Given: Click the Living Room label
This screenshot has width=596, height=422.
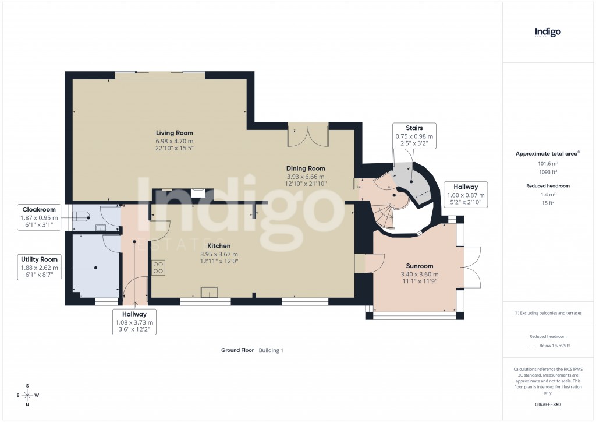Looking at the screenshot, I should tap(174, 133).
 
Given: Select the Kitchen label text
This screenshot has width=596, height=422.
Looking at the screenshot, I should tap(219, 246).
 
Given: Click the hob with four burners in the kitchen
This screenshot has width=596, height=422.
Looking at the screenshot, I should tap(158, 268).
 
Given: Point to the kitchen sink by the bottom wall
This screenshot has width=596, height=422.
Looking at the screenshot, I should tap(208, 292).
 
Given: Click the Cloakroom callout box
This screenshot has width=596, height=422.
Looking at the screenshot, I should tap(39, 217).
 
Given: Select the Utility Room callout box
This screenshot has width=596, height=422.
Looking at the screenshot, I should tap(39, 267).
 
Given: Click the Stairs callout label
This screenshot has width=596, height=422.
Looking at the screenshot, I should tap(414, 136).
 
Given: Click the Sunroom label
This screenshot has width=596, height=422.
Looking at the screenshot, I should tap(420, 266).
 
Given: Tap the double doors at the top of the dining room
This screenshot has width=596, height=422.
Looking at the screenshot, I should tap(308, 136).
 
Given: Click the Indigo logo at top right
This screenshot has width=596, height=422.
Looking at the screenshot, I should tap(548, 33).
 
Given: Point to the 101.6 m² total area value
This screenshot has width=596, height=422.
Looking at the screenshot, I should tap(548, 164).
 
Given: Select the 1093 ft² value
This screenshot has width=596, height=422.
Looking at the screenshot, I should tap(548, 172).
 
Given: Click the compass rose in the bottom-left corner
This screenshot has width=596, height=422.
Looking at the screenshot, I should tap(27, 395).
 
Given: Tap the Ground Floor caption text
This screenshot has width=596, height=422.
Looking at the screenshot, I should tap(237, 350).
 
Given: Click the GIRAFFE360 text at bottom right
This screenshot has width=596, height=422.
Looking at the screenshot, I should tap(548, 404).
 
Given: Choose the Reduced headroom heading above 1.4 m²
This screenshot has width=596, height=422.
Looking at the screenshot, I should tap(548, 186).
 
